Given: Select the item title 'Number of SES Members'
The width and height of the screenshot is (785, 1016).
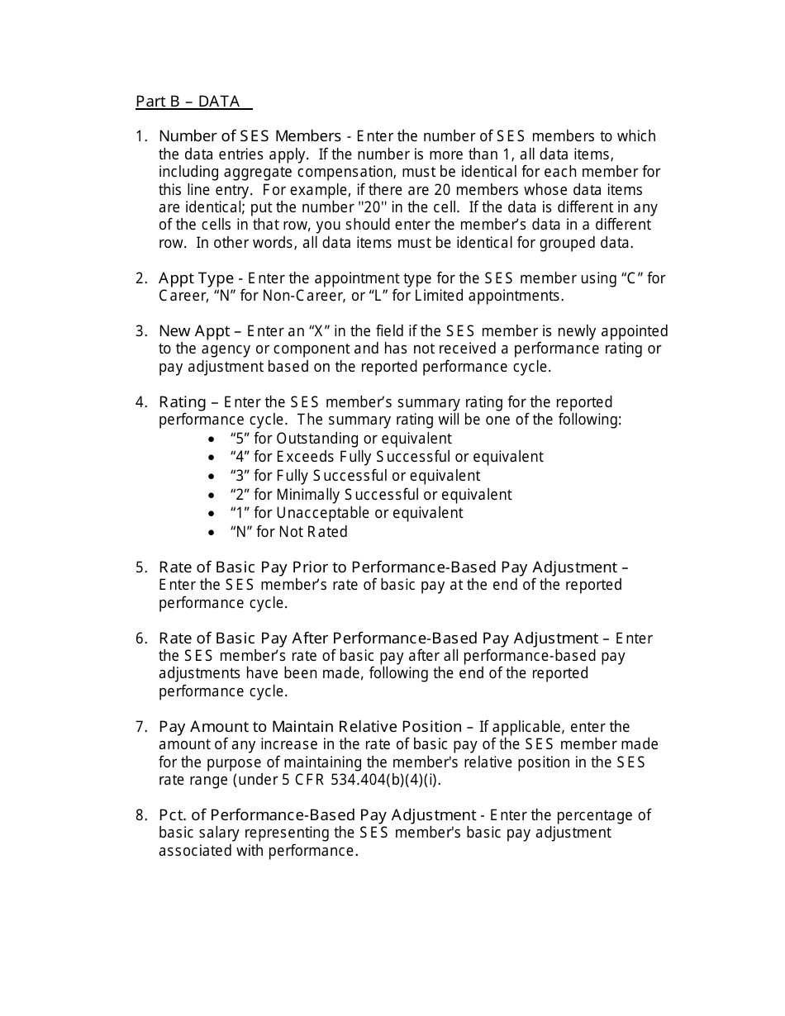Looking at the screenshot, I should coord(250,136).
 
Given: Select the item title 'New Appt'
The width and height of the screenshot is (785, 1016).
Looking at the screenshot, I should coord(194,331).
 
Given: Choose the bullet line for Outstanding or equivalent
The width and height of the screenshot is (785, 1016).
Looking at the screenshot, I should coord(340,439).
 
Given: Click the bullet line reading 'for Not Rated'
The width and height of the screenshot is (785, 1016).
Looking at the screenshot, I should coord(289,532).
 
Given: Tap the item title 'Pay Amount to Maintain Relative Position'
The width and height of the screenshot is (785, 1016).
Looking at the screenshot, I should coord(310,727).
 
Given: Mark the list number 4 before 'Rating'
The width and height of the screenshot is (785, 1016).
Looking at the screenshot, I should coord(140,402).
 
